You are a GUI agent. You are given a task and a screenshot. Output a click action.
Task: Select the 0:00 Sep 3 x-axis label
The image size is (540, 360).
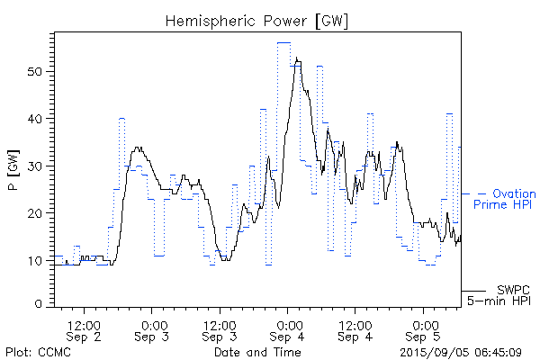coord(152,330)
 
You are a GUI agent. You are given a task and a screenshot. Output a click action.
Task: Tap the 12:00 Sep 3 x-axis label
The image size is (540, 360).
coord(220,330)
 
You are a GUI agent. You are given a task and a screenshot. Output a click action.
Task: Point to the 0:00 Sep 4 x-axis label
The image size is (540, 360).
coord(288,330)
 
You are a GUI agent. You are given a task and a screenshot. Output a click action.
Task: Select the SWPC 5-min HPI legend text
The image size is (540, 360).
coord(502,294)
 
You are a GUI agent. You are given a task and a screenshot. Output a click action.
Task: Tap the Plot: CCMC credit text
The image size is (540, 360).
coord(34,351)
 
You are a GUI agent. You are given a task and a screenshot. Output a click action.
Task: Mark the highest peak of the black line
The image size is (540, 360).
coord(296,58)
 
